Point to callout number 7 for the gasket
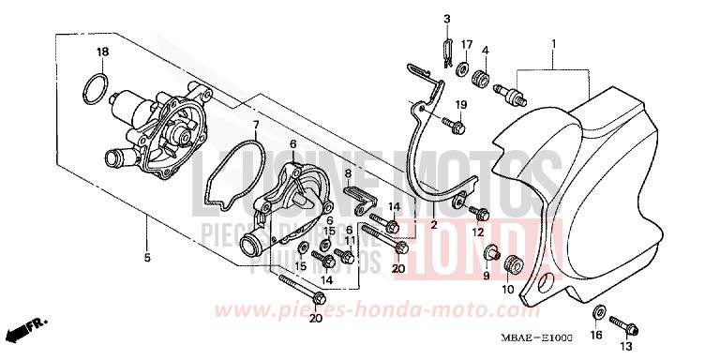[x=254, y=124]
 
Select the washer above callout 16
[x=598, y=312]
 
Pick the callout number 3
[x=447, y=20]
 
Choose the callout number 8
[x=346, y=173]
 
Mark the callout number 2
[x=434, y=225]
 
